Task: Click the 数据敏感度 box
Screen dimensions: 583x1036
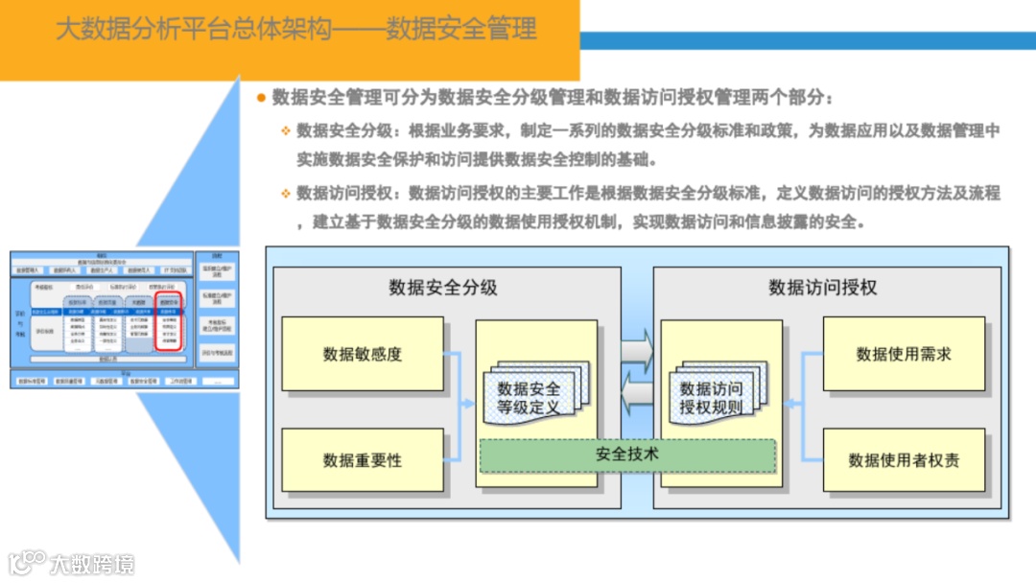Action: tap(363, 354)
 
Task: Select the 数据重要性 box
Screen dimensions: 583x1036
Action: tap(363, 460)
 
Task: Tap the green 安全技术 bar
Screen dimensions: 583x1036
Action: tap(627, 455)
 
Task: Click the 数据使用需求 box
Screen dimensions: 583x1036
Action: tap(904, 354)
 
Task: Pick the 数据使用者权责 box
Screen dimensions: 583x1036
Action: tap(904, 460)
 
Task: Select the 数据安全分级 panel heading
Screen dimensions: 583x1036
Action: tap(443, 287)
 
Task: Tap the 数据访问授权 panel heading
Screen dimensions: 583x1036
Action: tap(823, 287)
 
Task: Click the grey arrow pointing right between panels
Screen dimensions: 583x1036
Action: tap(637, 350)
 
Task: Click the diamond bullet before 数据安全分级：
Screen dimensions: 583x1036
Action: tap(285, 130)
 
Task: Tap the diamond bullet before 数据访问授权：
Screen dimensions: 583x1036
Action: tap(285, 194)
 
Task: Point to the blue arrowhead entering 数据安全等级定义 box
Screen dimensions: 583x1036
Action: tap(469, 404)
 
